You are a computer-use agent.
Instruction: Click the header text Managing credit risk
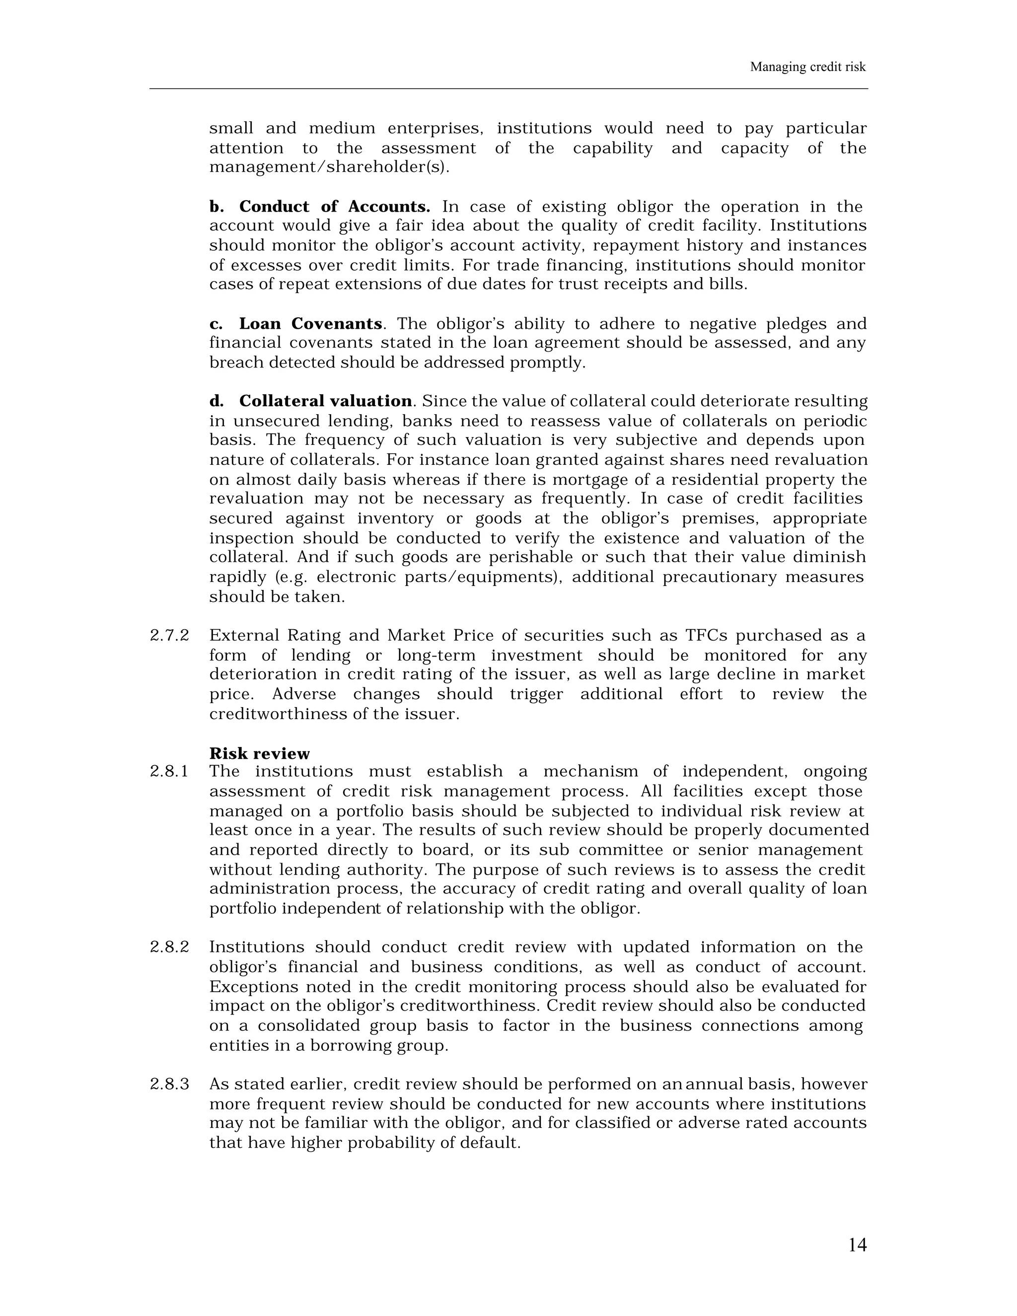tap(807, 67)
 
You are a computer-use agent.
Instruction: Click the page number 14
tap(857, 1245)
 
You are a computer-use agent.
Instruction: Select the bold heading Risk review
tap(259, 754)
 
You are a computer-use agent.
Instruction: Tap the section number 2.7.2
tap(169, 636)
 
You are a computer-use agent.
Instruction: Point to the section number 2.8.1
tap(169, 771)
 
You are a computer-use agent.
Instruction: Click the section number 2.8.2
tap(169, 947)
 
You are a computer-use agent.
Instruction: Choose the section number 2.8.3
tap(169, 1085)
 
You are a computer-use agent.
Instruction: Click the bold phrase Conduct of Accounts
tap(334, 207)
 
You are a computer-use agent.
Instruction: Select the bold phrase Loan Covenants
tap(310, 324)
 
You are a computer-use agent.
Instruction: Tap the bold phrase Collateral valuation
tap(325, 401)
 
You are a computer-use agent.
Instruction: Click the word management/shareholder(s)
tap(329, 167)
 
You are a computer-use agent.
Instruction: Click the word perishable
tap(531, 557)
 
